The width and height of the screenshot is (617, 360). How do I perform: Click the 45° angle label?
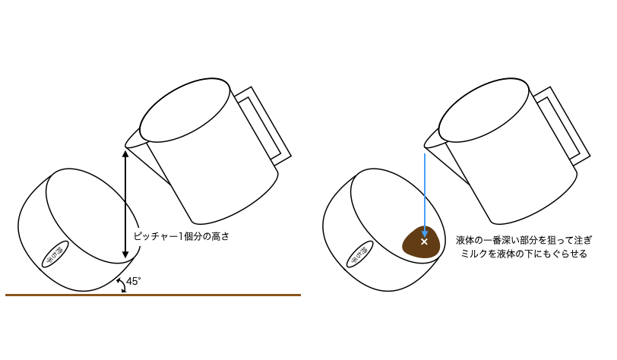point(134,281)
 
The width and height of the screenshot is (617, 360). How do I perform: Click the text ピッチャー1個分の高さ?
point(181,236)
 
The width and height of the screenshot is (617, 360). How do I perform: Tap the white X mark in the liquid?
point(424,242)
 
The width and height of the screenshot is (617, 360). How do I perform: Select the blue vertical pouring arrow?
point(424,190)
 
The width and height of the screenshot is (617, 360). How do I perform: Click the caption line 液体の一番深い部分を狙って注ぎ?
point(524,239)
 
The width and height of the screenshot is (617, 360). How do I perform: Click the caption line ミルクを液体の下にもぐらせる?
point(524,254)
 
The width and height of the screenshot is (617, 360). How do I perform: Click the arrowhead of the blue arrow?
point(424,232)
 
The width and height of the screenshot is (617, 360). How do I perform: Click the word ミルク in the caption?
point(478,254)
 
